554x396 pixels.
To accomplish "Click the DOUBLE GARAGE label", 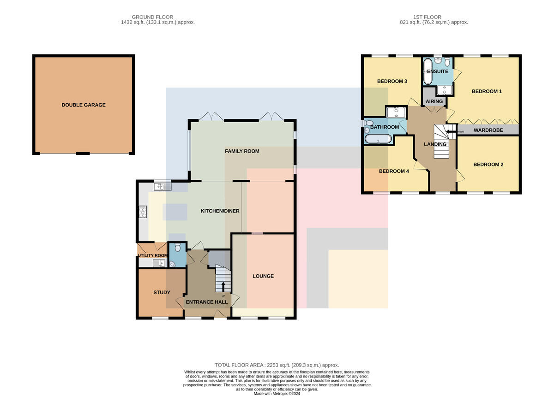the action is point(84,105).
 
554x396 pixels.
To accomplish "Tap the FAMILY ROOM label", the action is point(242,151).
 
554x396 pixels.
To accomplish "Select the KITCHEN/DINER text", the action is point(220,211).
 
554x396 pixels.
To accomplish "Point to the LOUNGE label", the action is point(263,276).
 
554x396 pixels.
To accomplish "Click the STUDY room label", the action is point(162,292).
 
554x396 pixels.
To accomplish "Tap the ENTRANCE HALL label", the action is point(207,302).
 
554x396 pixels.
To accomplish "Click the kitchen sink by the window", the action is point(163,187).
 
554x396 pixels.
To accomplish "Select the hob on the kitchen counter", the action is point(143,212).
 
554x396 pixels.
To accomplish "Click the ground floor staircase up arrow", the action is point(223,287).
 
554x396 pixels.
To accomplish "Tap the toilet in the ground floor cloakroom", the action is point(178,247).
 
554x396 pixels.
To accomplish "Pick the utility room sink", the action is point(159,263).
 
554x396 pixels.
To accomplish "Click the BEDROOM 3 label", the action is point(392,81).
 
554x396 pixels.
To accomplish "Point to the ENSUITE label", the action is point(438,71).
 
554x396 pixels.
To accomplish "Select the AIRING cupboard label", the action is point(434,101).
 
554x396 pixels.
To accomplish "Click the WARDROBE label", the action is point(488,130).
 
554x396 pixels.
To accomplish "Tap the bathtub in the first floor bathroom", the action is point(378,139).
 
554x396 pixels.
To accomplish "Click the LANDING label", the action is point(435,144).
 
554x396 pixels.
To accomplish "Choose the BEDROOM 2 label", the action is point(488,165).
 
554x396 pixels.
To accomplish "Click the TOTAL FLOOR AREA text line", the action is point(277,365).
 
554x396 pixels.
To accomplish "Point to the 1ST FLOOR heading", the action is point(427,17).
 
